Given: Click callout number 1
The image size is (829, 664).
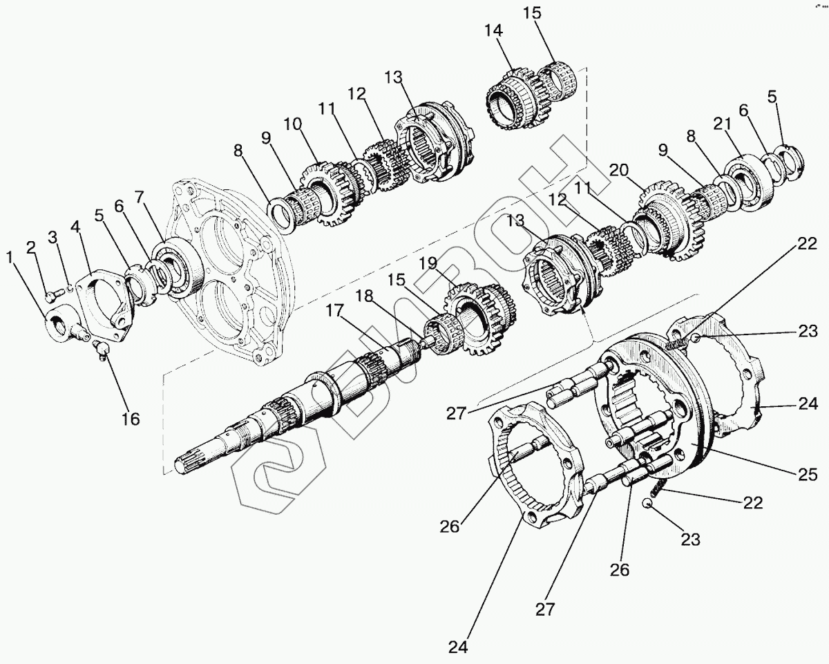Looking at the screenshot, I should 10,258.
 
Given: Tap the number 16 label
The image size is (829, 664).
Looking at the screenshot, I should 130,418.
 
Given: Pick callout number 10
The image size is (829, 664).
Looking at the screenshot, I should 292,124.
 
